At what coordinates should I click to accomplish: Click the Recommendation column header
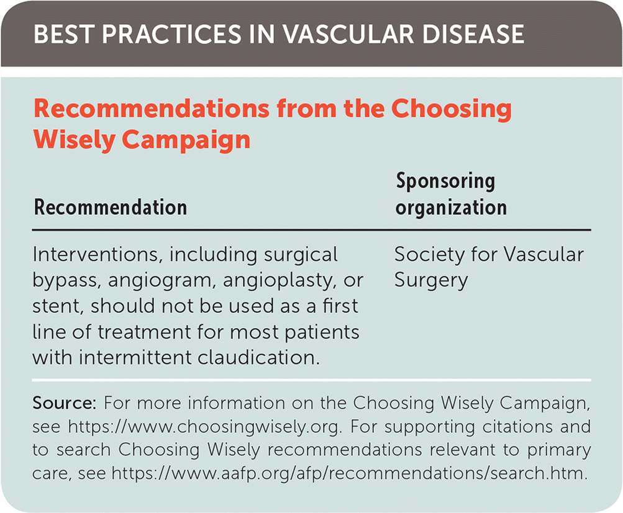[x=111, y=207]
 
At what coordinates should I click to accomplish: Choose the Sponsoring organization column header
[x=451, y=194]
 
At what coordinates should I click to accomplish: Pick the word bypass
[x=68, y=280]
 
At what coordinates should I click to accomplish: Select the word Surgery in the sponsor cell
[x=431, y=280]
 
